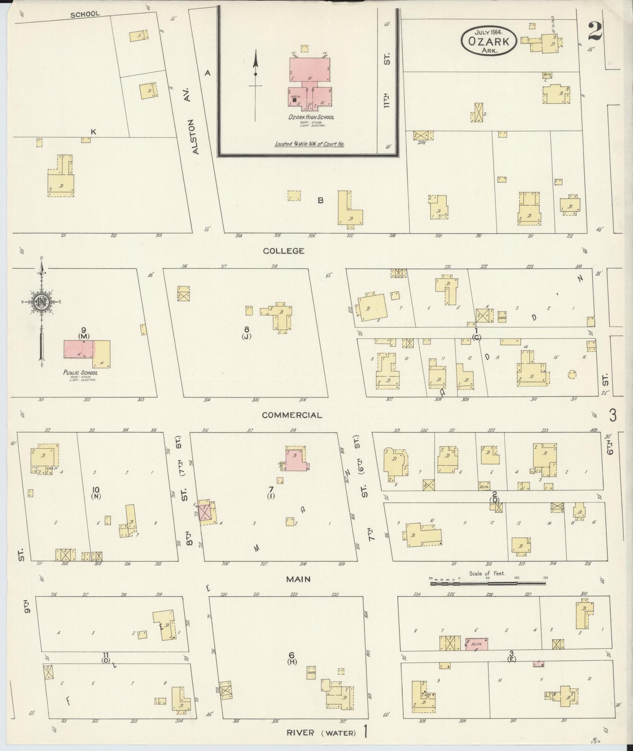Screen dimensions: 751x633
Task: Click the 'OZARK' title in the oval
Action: point(488,42)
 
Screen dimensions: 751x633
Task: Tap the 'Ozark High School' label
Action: point(311,117)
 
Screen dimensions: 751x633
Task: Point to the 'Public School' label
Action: point(81,373)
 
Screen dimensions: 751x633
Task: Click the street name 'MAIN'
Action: point(298,579)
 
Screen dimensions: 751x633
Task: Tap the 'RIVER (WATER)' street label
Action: point(321,732)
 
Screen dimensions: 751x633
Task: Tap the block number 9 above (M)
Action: point(83,329)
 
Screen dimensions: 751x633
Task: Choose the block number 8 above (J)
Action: point(247,329)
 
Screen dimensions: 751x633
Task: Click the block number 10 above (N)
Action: point(96,489)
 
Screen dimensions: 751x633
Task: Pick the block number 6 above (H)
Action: point(291,655)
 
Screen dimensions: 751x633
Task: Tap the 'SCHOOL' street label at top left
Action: point(85,14)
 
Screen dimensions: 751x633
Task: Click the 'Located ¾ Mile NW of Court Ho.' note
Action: point(309,144)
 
